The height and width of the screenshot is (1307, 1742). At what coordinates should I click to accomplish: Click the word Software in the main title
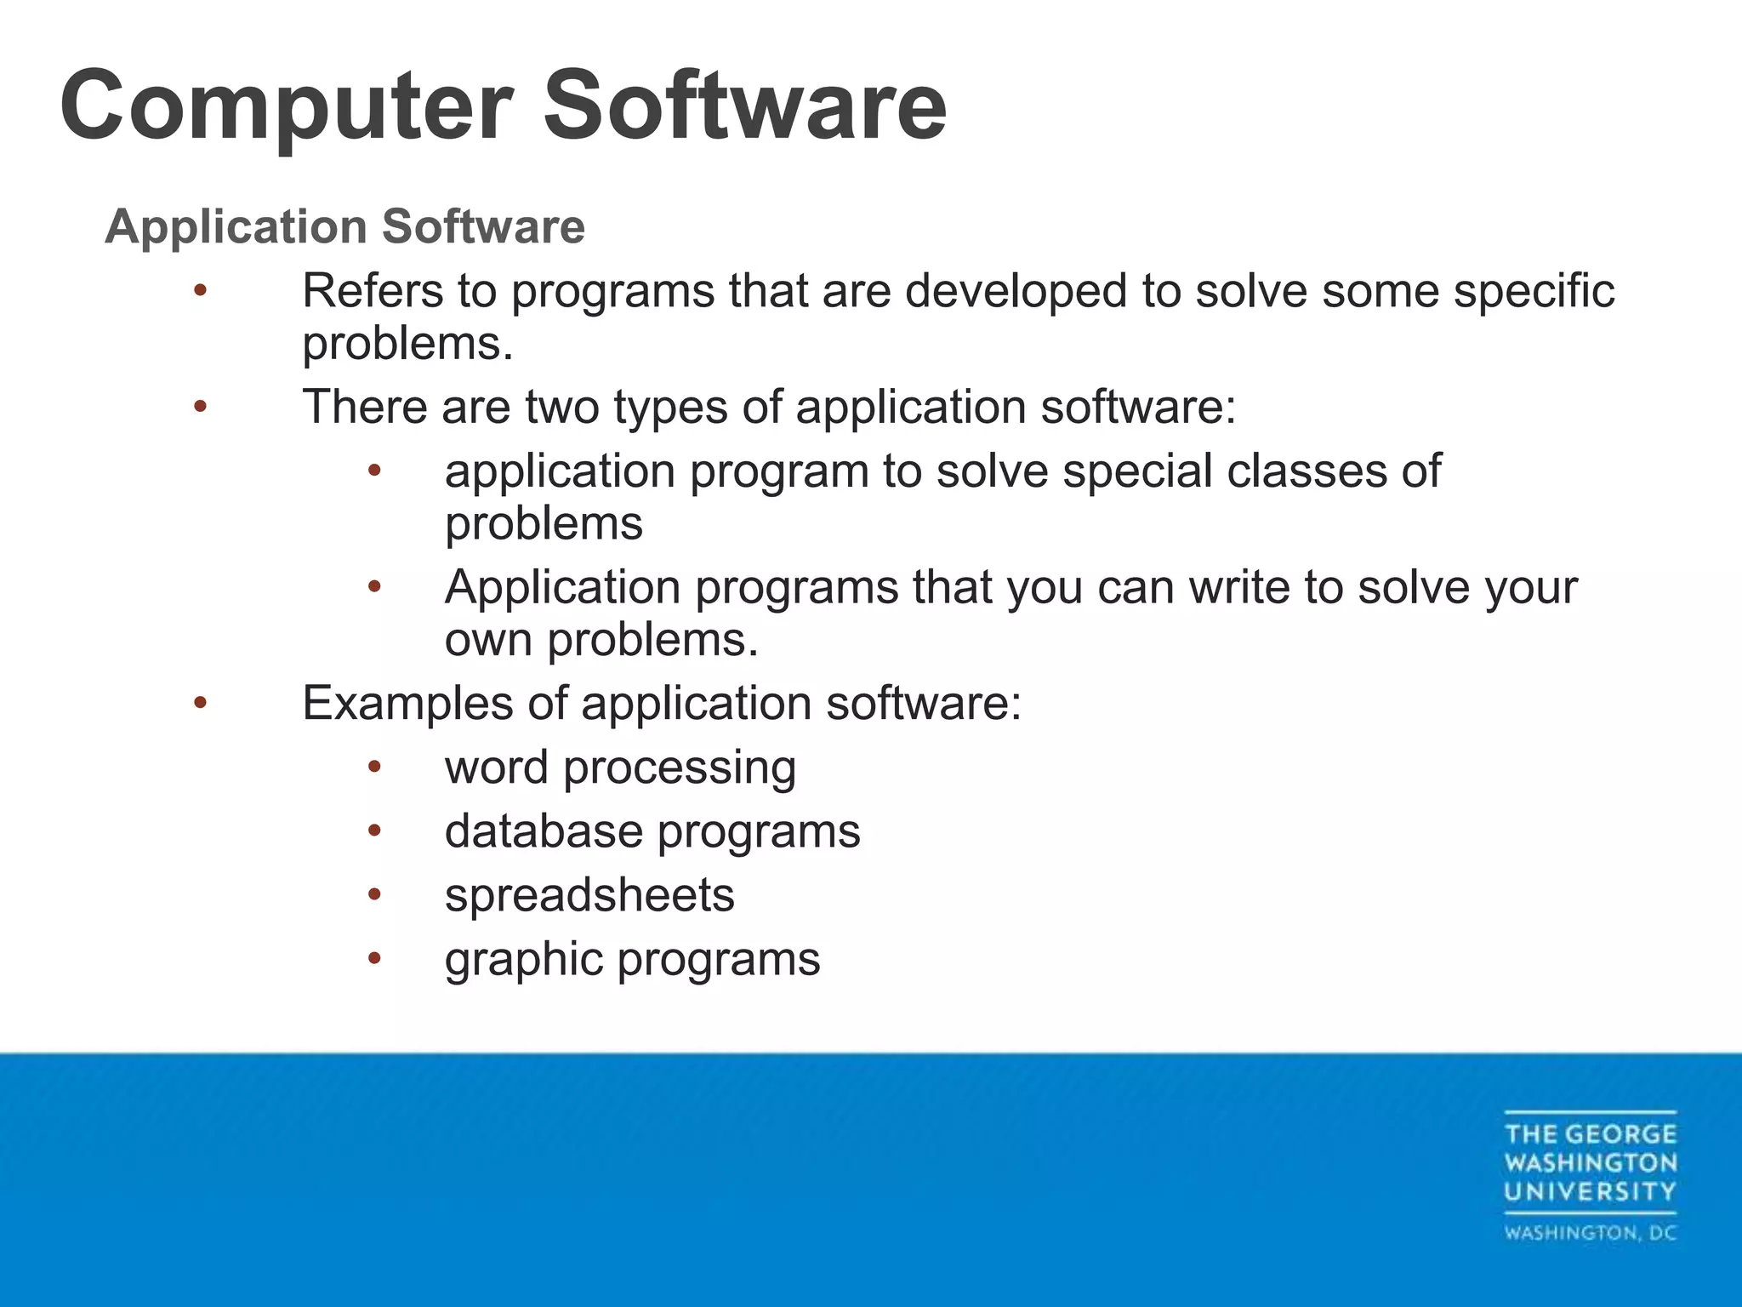pyautogui.click(x=744, y=106)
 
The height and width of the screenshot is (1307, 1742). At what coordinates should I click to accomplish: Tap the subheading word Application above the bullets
pyautogui.click(x=236, y=227)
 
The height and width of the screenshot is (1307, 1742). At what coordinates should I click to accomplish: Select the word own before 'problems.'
pyautogui.click(x=489, y=640)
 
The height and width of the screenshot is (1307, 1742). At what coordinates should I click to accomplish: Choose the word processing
pyautogui.click(x=680, y=768)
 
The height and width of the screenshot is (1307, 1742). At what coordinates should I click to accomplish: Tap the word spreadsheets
pyautogui.click(x=589, y=895)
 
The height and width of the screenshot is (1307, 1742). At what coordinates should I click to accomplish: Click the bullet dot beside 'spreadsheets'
pyautogui.click(x=375, y=894)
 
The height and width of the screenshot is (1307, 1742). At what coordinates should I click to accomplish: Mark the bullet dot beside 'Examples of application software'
pyautogui.click(x=200, y=703)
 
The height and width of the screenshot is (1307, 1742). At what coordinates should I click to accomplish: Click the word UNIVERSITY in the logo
pyautogui.click(x=1590, y=1191)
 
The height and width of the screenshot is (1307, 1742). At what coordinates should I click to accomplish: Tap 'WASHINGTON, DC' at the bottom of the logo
pyautogui.click(x=1590, y=1233)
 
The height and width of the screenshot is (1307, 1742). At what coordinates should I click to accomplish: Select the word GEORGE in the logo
pyautogui.click(x=1620, y=1134)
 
